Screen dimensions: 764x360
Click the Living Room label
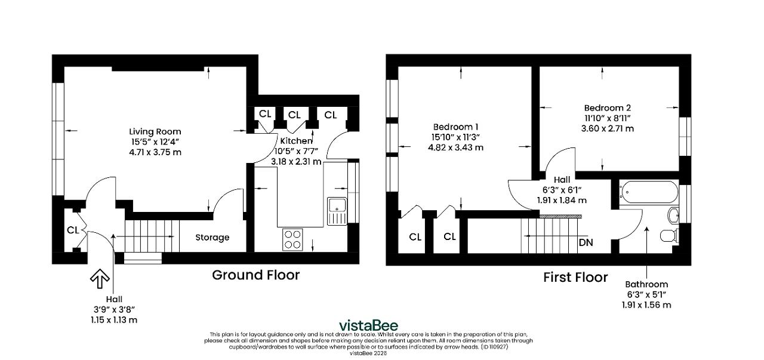pyautogui.click(x=155, y=132)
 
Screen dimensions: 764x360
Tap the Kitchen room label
pyautogui.click(x=296, y=140)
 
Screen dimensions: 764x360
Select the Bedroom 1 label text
pyautogui.click(x=455, y=127)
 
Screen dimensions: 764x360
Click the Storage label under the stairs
pyautogui.click(x=212, y=238)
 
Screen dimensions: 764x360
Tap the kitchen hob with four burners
pyautogui.click(x=293, y=239)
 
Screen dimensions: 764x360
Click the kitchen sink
pyautogui.click(x=337, y=211)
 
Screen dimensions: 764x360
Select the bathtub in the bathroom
pyautogui.click(x=649, y=192)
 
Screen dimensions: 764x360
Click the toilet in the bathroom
pyautogui.click(x=669, y=235)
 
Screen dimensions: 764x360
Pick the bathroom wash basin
pyautogui.click(x=673, y=216)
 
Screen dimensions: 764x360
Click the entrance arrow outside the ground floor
pyautogui.click(x=100, y=279)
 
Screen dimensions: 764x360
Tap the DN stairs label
pyautogui.click(x=586, y=242)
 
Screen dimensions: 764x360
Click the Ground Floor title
pyautogui.click(x=256, y=275)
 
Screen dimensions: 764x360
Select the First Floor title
pyautogui.click(x=575, y=277)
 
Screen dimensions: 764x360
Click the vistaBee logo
pyautogui.click(x=368, y=325)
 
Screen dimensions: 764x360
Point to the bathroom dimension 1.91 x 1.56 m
pyautogui.click(x=646, y=304)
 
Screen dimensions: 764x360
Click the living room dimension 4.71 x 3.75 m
pyautogui.click(x=155, y=152)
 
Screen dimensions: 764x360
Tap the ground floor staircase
pyautogui.click(x=152, y=236)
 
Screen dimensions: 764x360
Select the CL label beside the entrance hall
pyautogui.click(x=73, y=230)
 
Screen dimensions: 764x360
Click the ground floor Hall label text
pyautogui.click(x=114, y=299)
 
